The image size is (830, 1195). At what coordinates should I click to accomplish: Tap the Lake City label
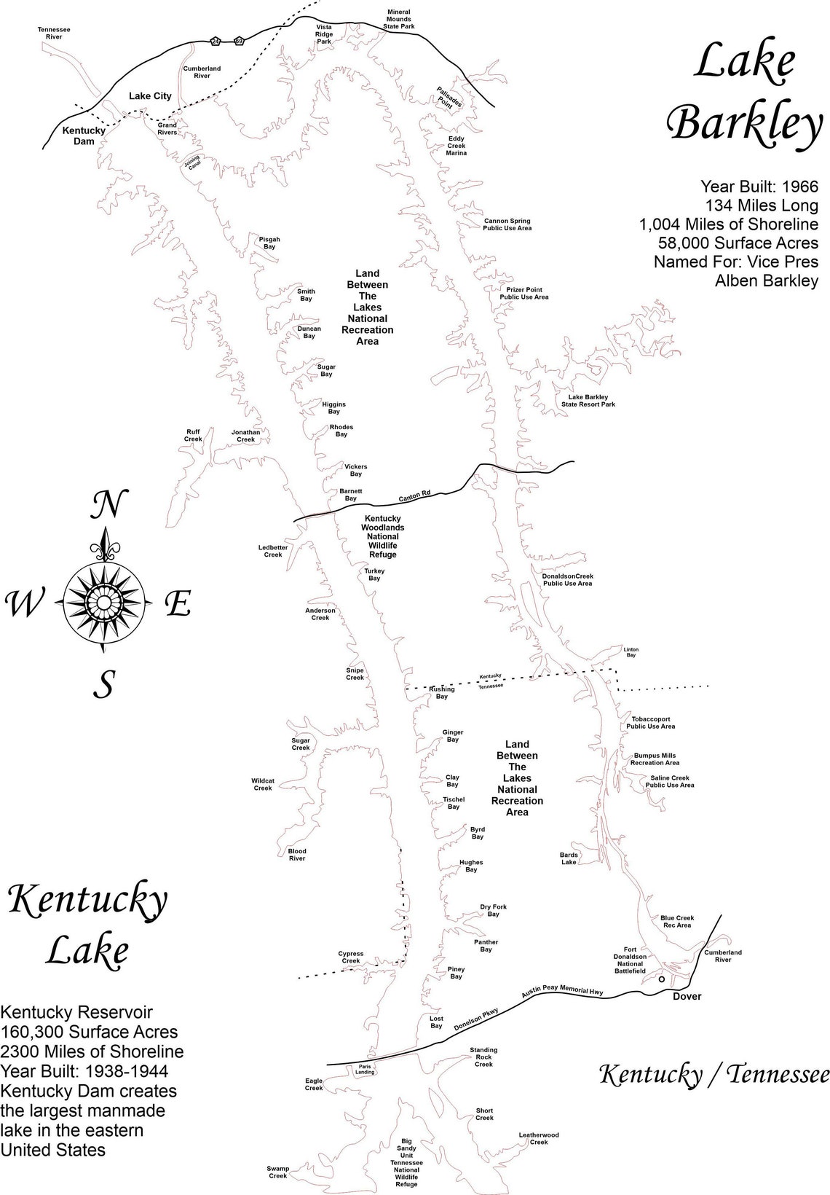150,95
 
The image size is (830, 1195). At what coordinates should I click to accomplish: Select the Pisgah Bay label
269,243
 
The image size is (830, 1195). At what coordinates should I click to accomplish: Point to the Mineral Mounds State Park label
398,19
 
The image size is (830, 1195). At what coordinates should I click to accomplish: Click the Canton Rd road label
414,495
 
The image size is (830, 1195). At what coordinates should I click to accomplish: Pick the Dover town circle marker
661,979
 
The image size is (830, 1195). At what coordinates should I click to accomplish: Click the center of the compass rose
103,601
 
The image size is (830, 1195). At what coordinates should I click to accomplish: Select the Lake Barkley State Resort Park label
588,400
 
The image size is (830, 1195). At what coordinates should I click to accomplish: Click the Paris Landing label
365,1069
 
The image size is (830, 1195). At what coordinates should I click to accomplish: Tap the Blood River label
297,855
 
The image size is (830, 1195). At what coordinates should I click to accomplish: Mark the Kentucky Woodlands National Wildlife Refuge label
383,537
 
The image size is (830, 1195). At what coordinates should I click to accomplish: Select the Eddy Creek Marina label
456,146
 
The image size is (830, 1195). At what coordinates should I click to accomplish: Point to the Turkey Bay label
374,575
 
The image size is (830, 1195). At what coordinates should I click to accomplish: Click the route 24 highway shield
216,42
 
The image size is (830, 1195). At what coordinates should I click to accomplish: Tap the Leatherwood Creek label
539,1138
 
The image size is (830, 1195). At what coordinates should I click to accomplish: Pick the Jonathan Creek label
246,436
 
